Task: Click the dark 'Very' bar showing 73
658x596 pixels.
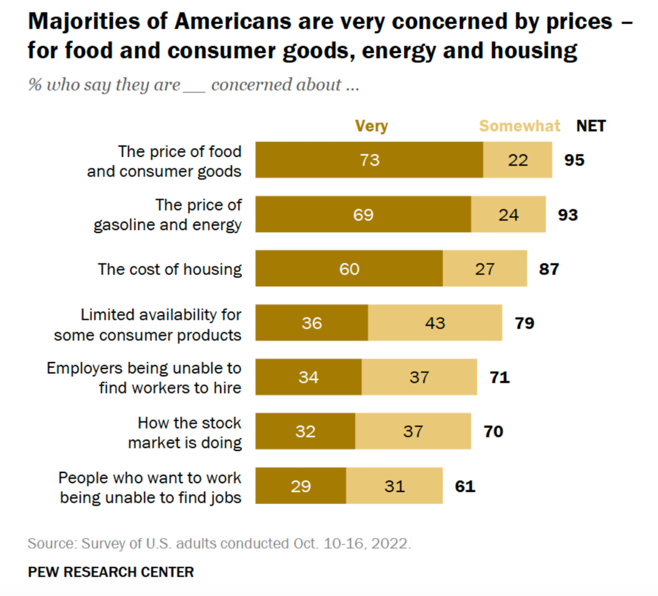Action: point(369,160)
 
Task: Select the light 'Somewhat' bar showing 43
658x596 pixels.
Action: point(434,323)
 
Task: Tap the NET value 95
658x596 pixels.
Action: point(574,160)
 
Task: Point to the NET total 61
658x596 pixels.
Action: point(465,486)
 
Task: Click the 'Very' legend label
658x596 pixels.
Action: point(371,126)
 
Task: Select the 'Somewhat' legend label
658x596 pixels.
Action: point(519,126)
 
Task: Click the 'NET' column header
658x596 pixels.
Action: point(591,126)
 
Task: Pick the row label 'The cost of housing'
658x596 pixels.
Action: point(170,269)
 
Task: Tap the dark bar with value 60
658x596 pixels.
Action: point(349,268)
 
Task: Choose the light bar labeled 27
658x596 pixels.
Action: point(485,268)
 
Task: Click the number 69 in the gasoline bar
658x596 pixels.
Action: point(363,215)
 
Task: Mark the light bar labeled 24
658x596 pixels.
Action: point(508,215)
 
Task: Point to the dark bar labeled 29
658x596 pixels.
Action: point(300,486)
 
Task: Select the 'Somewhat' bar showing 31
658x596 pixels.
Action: point(394,486)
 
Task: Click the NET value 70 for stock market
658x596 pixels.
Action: point(493,431)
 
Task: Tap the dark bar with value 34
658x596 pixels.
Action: point(308,377)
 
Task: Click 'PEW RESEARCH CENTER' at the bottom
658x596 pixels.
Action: point(111,572)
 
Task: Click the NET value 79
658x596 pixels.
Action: point(524,323)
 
